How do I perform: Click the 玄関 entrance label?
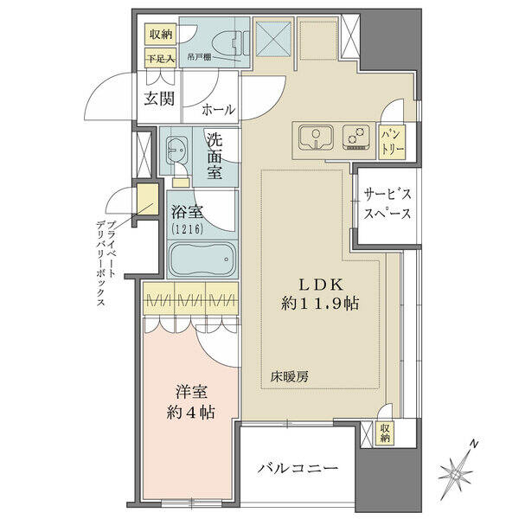pyautogui.click(x=159, y=99)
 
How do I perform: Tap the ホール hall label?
pyautogui.click(x=219, y=109)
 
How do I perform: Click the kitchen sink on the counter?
pyautogui.click(x=316, y=138)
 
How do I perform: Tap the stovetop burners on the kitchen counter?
pyautogui.click(x=356, y=138)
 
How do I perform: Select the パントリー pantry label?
pyautogui.click(x=393, y=143)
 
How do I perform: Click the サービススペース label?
pyautogui.click(x=388, y=203)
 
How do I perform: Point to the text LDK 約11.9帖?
pyautogui.click(x=320, y=293)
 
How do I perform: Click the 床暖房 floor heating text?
pyautogui.click(x=289, y=376)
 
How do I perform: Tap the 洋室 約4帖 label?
pyautogui.click(x=190, y=402)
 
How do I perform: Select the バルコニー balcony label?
pyautogui.click(x=298, y=468)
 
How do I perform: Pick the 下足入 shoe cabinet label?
pyautogui.click(x=161, y=59)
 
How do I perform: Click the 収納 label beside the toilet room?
pyautogui.click(x=161, y=35)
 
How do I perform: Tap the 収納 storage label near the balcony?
pyautogui.click(x=384, y=433)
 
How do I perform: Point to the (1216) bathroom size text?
pyautogui.click(x=187, y=228)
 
